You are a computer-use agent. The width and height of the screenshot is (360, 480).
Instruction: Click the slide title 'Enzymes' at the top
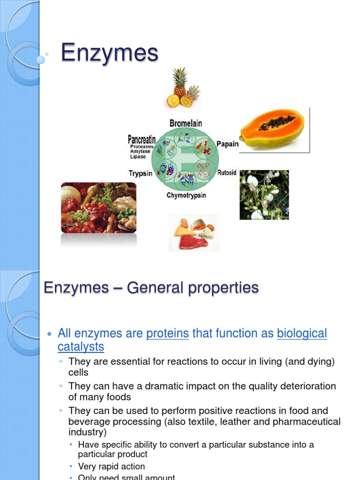pyautogui.click(x=110, y=53)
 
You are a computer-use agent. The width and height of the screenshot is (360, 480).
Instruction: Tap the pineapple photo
pyautogui.click(x=182, y=88)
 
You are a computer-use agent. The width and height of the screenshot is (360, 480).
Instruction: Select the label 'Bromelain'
pyautogui.click(x=186, y=123)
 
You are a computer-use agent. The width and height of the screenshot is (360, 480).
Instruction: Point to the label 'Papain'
pyautogui.click(x=227, y=144)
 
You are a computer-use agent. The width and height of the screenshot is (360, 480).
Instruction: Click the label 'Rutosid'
pyautogui.click(x=227, y=173)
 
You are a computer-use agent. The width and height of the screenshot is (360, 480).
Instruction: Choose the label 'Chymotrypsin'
pyautogui.click(x=186, y=195)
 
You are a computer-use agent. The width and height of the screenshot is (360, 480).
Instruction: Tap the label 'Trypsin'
pyautogui.click(x=140, y=173)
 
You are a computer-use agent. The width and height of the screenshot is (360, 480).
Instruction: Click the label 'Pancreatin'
pyautogui.click(x=142, y=139)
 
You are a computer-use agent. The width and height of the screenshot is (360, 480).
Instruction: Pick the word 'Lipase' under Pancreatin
pyautogui.click(x=138, y=157)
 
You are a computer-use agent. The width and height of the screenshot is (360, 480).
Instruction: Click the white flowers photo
pyautogui.click(x=264, y=195)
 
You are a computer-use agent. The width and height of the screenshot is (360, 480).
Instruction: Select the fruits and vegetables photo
pyautogui.click(x=98, y=208)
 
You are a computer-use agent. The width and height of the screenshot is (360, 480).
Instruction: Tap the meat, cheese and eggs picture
pyautogui.click(x=194, y=233)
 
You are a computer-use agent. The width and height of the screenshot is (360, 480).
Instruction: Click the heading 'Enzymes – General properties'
pyautogui.click(x=151, y=287)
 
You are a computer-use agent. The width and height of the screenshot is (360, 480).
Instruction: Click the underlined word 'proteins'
pyautogui.click(x=167, y=334)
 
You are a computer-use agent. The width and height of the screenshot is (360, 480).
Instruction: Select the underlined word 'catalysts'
pyautogui.click(x=81, y=347)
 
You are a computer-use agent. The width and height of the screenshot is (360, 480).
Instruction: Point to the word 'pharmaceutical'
pyautogui.click(x=307, y=421)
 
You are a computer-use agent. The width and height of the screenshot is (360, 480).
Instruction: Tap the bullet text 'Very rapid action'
pyautogui.click(x=111, y=466)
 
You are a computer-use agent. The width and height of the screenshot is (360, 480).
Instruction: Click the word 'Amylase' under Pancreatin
pyautogui.click(x=140, y=151)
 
